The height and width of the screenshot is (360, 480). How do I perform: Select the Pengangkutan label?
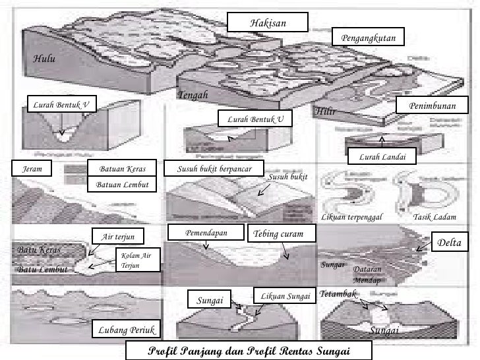tap(369, 40)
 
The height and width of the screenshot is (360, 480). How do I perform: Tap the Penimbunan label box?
tap(432, 106)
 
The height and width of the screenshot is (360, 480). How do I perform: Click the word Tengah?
tap(193, 96)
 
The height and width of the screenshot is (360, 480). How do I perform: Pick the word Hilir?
tap(326, 111)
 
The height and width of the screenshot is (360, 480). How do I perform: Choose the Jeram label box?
tap(32, 169)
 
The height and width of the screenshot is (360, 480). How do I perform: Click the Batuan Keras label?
tap(122, 169)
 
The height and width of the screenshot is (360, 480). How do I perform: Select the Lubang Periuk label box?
tap(125, 329)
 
